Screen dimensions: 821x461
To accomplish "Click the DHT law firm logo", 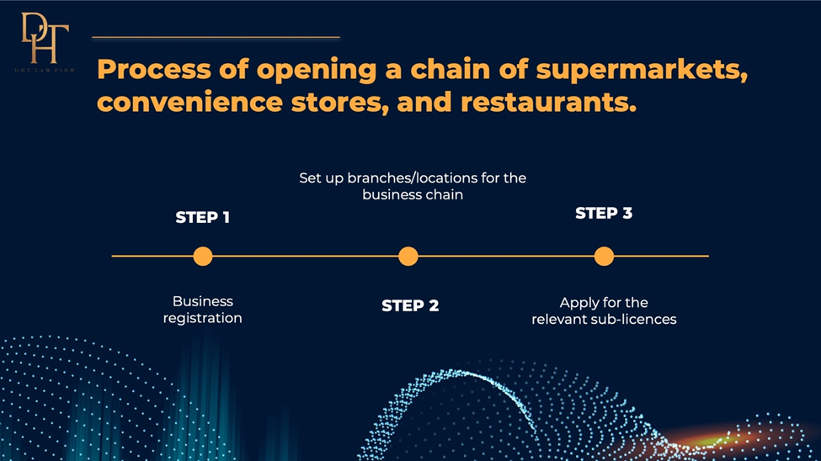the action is (45, 42).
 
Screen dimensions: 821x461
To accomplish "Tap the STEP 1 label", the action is (203, 218).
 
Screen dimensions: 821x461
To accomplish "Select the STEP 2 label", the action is (410, 305).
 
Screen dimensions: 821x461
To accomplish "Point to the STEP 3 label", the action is (604, 214).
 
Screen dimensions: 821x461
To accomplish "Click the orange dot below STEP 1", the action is (203, 257).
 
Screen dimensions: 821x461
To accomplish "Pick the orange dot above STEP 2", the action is (408, 257).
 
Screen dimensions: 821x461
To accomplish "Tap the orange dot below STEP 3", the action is (604, 257).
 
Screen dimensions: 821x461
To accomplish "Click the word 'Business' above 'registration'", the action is (203, 301).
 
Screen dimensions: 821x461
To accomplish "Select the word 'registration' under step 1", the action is (203, 318).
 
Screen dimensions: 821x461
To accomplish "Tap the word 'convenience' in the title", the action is (189, 102).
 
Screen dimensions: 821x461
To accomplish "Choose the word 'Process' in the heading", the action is (154, 69).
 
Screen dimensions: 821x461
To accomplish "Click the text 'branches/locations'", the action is (413, 178).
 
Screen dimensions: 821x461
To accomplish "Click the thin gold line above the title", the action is (216, 37).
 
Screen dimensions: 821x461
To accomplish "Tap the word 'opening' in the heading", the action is (317, 71).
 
